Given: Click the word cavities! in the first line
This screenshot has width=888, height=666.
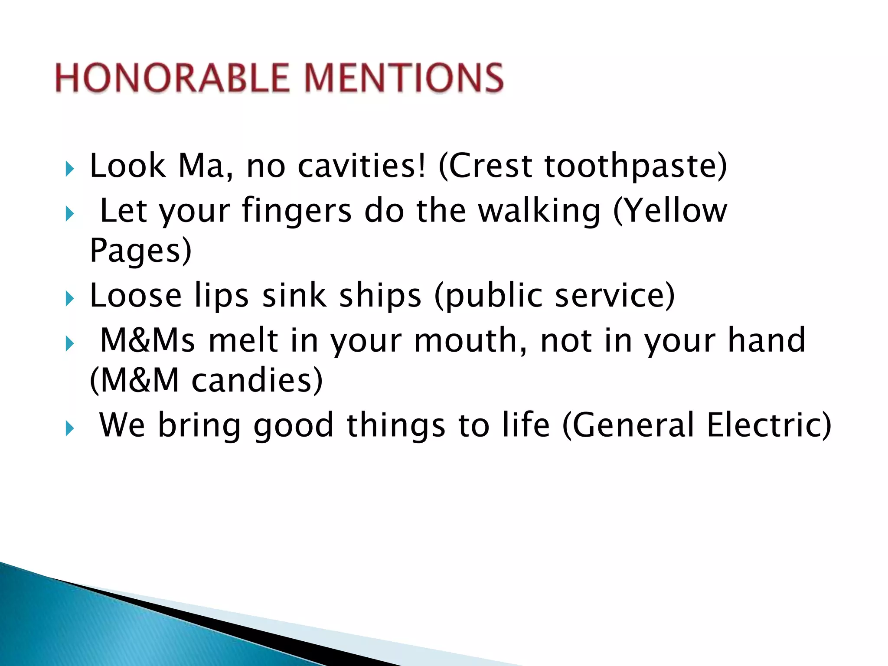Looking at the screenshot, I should (x=362, y=166).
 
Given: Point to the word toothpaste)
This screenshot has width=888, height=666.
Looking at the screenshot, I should (x=636, y=166).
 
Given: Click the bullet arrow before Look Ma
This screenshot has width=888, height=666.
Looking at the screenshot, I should (x=70, y=169).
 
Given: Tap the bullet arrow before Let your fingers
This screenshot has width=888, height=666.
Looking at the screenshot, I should (x=70, y=213).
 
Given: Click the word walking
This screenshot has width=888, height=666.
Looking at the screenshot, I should (x=539, y=211).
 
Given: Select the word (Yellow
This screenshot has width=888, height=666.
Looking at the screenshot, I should (x=670, y=211).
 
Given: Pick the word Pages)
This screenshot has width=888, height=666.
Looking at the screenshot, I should (x=140, y=251).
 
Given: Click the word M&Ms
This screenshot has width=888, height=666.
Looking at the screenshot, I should (x=147, y=340).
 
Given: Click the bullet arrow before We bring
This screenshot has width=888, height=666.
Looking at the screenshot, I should (x=70, y=428).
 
